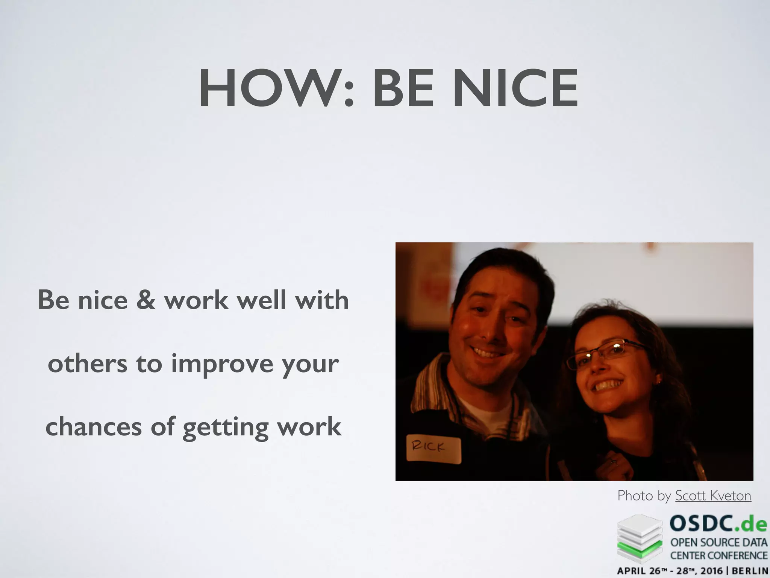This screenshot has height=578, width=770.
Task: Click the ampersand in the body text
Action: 146,300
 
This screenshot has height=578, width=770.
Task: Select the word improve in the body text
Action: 222,364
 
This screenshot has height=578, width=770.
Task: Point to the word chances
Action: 94,427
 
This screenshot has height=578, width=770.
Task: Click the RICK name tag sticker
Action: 434,449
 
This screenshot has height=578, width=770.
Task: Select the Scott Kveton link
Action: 713,496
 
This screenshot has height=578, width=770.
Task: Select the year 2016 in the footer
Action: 711,571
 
